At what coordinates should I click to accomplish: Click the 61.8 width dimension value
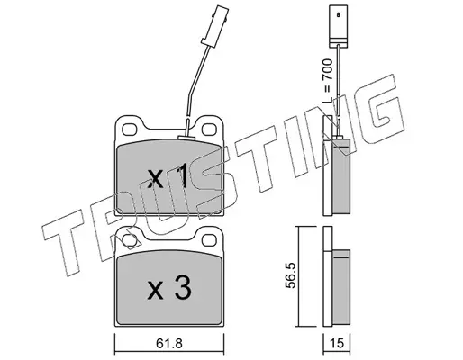tap(169, 343)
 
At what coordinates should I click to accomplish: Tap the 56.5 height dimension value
tap(290, 275)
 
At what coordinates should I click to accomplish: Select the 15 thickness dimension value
tap(337, 343)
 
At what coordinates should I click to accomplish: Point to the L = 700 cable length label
tap(327, 82)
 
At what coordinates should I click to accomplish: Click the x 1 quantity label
tap(168, 178)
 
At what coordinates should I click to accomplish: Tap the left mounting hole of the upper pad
tap(130, 130)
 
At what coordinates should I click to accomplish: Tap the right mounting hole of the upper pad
tap(209, 130)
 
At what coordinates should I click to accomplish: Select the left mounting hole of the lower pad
tap(130, 240)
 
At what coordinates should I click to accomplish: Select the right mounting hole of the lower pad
tap(209, 240)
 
